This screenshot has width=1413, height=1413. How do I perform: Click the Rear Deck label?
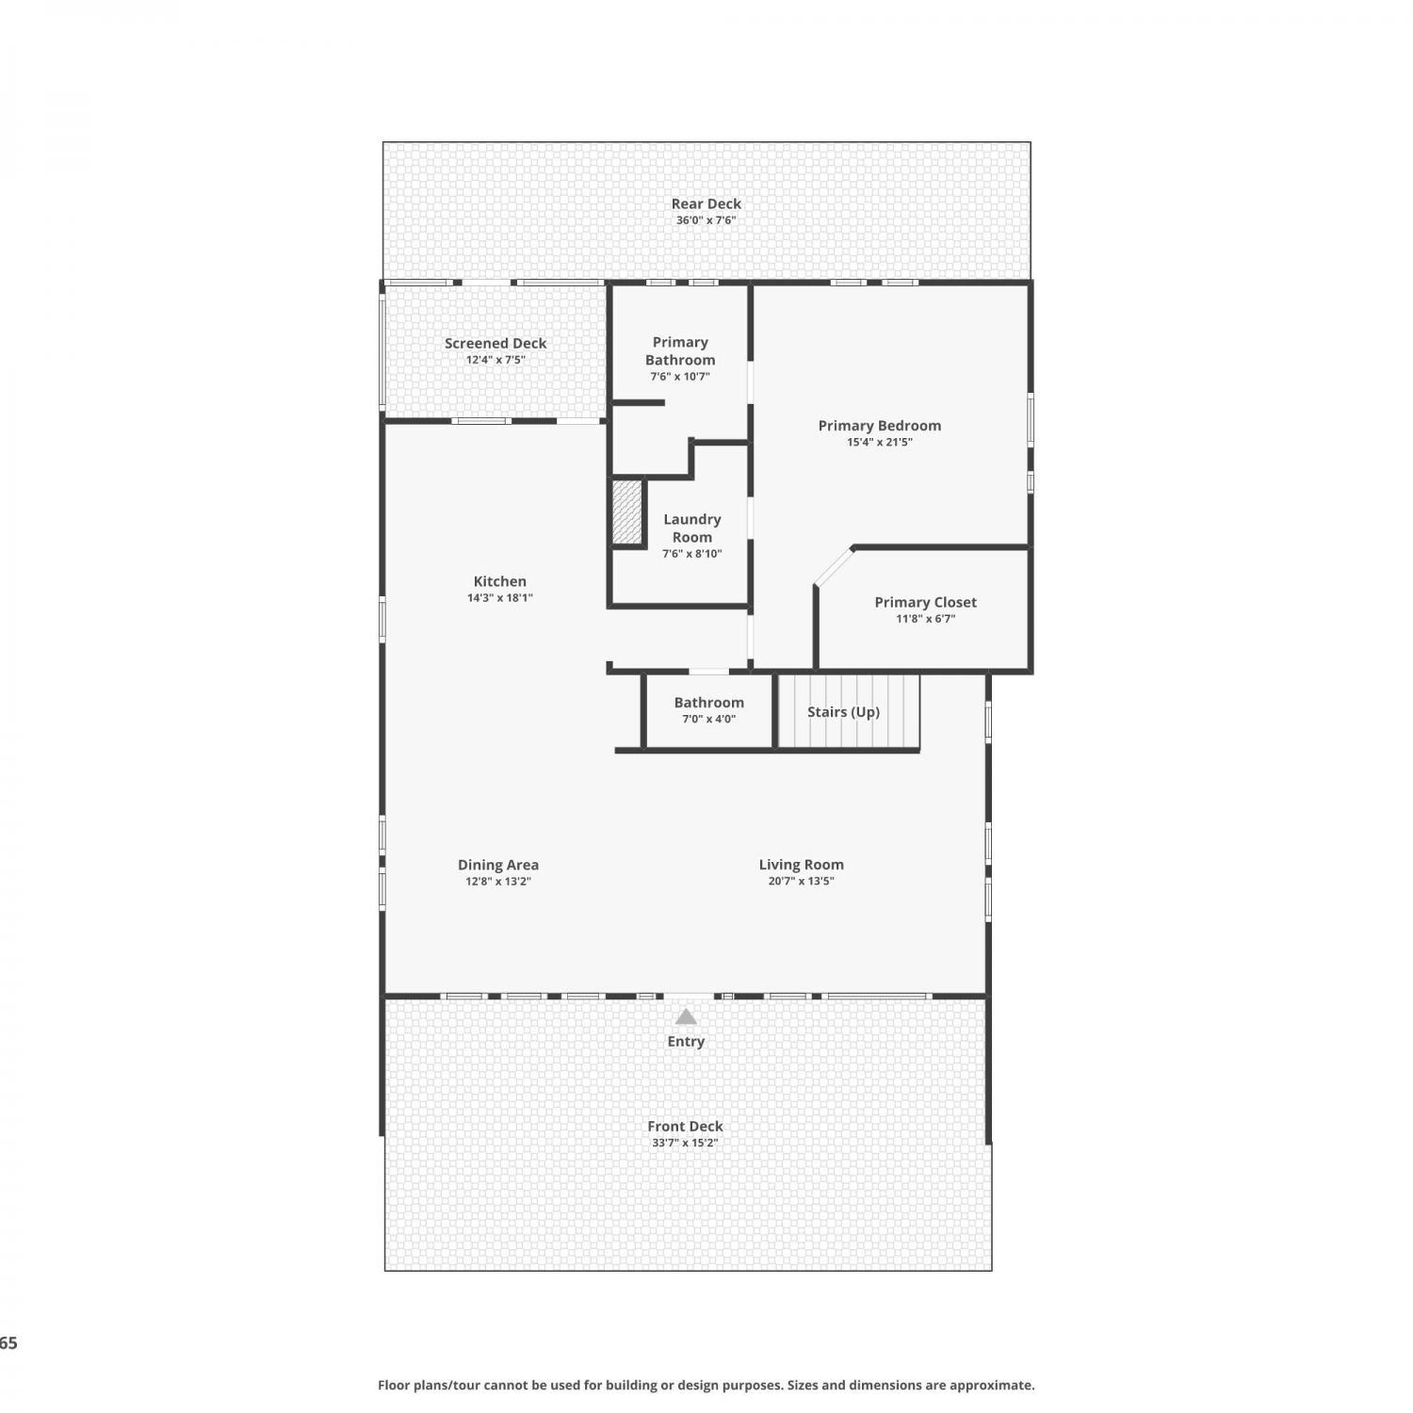(x=706, y=203)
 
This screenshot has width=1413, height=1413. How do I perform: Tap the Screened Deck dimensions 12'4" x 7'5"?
(x=495, y=360)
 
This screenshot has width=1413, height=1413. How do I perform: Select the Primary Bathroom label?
(x=680, y=350)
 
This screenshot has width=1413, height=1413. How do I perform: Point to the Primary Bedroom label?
(x=879, y=426)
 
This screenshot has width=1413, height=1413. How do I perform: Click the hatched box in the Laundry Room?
(x=627, y=512)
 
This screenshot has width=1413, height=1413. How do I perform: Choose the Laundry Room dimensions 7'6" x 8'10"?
(x=691, y=554)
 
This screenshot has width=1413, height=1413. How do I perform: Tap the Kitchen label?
(x=499, y=581)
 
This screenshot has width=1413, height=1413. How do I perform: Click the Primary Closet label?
(x=925, y=603)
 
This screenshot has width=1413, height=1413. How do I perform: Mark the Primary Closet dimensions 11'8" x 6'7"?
(x=925, y=619)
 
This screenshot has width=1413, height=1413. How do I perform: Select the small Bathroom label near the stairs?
(x=708, y=703)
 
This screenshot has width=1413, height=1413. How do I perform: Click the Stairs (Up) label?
(x=843, y=712)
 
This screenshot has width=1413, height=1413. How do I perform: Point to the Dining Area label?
(x=498, y=865)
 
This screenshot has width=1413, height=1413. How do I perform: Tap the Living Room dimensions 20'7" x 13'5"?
(x=801, y=882)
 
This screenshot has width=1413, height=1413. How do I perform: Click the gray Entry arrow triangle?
(x=686, y=1017)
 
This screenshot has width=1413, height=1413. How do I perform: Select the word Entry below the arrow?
(x=686, y=1041)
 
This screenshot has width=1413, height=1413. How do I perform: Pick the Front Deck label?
(x=685, y=1127)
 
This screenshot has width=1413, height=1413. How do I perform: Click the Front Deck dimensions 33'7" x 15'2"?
(x=685, y=1143)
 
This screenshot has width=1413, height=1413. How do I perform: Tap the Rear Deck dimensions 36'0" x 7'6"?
(x=706, y=220)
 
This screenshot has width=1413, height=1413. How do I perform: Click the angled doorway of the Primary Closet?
(x=834, y=567)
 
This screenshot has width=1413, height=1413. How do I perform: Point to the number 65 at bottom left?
(x=8, y=1343)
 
